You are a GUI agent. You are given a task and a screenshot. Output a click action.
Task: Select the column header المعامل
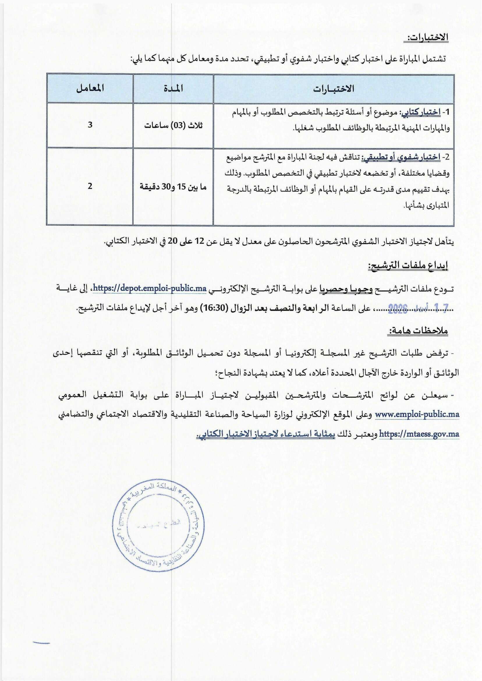(90, 89)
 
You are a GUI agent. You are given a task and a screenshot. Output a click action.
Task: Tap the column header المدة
(173, 89)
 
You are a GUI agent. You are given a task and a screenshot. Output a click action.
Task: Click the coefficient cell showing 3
(90, 125)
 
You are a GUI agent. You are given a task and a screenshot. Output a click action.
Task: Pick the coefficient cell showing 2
(90, 186)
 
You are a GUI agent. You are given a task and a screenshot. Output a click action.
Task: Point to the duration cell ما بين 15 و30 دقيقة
(173, 187)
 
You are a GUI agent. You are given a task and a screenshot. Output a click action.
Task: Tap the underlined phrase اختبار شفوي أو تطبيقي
(401, 158)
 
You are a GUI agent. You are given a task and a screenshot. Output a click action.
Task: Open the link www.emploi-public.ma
(417, 414)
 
